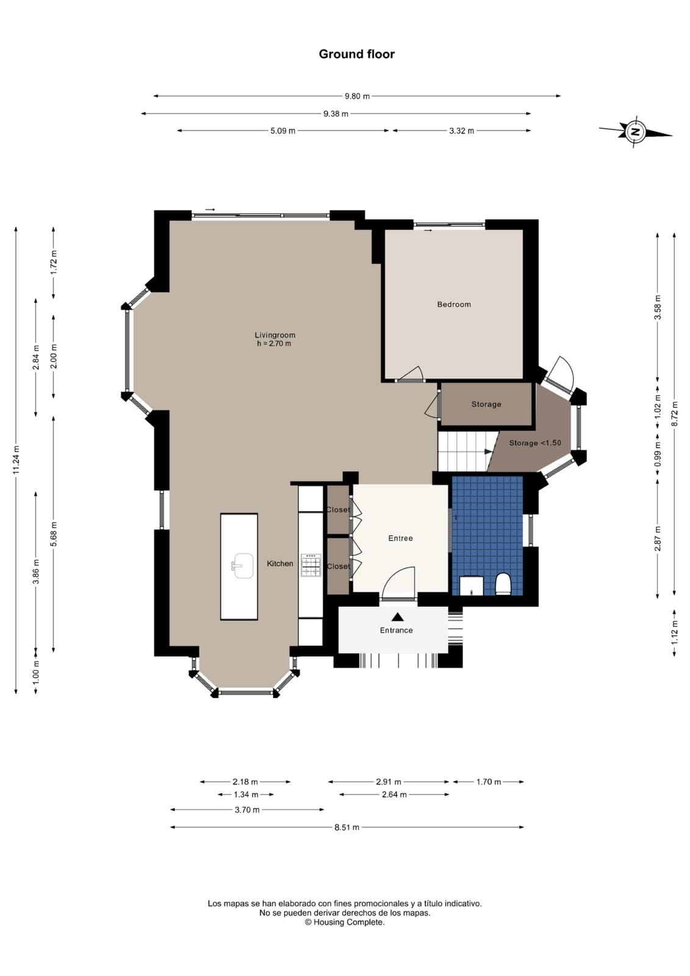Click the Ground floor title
[x=356, y=54]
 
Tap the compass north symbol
[x=635, y=132]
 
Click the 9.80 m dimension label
[x=357, y=96]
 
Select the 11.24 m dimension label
[x=16, y=460]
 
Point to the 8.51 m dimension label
[x=347, y=827]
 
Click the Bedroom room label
[x=454, y=304]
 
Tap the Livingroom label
[x=275, y=335]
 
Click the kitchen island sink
[x=243, y=565]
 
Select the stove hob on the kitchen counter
[x=311, y=565]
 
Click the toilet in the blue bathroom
[x=503, y=584]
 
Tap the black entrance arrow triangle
[x=397, y=617]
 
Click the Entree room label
[x=400, y=539]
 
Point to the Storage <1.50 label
[x=535, y=443]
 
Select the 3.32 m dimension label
[x=462, y=131]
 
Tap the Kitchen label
[x=280, y=564]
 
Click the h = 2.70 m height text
[x=274, y=343]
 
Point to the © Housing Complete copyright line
[x=344, y=922]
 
